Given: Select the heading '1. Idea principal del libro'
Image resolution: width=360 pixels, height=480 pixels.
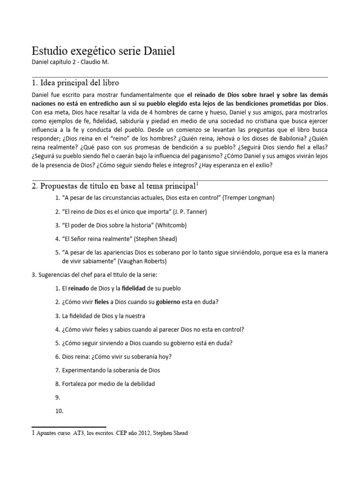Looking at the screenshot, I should [x=75, y=83].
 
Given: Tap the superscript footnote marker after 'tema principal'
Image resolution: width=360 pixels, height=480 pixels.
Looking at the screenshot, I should [x=198, y=183].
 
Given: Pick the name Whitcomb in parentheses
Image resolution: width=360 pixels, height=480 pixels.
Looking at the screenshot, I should [x=172, y=225].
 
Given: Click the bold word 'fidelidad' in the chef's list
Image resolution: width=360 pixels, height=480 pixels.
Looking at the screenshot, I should [x=140, y=288].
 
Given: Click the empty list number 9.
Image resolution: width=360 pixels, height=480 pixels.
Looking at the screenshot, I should [x=58, y=397].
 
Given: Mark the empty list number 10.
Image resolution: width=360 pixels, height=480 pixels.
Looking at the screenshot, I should [x=59, y=411].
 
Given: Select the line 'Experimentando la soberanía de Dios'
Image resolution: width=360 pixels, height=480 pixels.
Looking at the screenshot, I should [x=111, y=370].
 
